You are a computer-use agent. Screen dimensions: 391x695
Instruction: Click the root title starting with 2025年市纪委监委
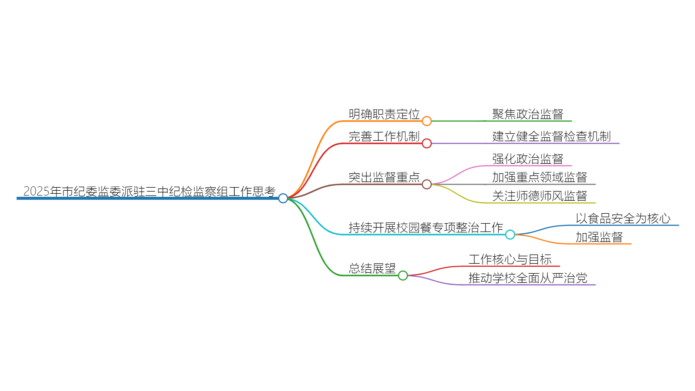[149, 191]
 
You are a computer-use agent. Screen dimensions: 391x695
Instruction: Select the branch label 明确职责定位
[384, 114]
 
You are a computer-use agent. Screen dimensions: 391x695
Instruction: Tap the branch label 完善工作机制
[384, 136]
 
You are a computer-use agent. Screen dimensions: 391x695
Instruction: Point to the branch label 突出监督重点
[384, 177]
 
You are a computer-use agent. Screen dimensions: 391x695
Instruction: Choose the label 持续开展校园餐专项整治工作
[426, 228]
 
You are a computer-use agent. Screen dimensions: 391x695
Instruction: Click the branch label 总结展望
[372, 268]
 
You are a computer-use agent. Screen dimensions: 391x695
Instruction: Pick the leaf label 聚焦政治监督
[528, 114]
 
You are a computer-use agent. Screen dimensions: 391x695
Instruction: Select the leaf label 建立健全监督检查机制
[551, 136]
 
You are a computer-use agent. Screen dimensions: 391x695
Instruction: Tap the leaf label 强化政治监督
[528, 159]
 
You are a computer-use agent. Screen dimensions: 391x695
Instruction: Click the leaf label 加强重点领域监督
[539, 177]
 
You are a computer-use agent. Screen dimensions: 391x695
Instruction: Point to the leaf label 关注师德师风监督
[539, 196]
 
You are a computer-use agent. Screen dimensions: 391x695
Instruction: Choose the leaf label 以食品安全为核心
[623, 219]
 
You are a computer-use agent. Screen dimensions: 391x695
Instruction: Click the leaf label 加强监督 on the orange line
[599, 237]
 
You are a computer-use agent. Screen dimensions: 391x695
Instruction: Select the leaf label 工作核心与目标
[510, 259]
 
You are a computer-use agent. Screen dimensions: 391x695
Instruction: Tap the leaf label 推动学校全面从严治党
[528, 278]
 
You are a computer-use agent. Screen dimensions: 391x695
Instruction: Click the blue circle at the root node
[283, 198]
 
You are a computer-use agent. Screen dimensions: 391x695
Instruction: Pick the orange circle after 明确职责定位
[427, 121]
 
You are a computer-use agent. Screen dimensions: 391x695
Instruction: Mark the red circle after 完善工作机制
[427, 143]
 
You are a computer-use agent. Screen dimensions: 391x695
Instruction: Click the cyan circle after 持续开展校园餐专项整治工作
[510, 235]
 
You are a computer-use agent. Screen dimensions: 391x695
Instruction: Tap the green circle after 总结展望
[403, 275]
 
